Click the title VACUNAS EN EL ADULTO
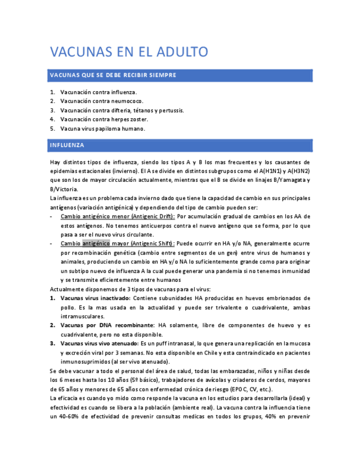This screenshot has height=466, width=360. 129,52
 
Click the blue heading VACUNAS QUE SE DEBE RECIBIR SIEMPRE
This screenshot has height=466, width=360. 113,75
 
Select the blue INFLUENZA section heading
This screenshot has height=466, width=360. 67,145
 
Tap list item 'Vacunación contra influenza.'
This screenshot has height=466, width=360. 98,92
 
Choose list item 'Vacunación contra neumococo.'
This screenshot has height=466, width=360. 102,101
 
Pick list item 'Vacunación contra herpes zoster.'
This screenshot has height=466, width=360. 104,119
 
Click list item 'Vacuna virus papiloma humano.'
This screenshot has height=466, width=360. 103,128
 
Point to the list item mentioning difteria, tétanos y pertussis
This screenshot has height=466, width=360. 122,110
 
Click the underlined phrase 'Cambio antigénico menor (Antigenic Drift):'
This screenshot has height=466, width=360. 118,217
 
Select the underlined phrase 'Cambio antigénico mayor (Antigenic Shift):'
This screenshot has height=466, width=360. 118,243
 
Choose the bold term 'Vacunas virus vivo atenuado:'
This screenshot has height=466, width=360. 99,343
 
